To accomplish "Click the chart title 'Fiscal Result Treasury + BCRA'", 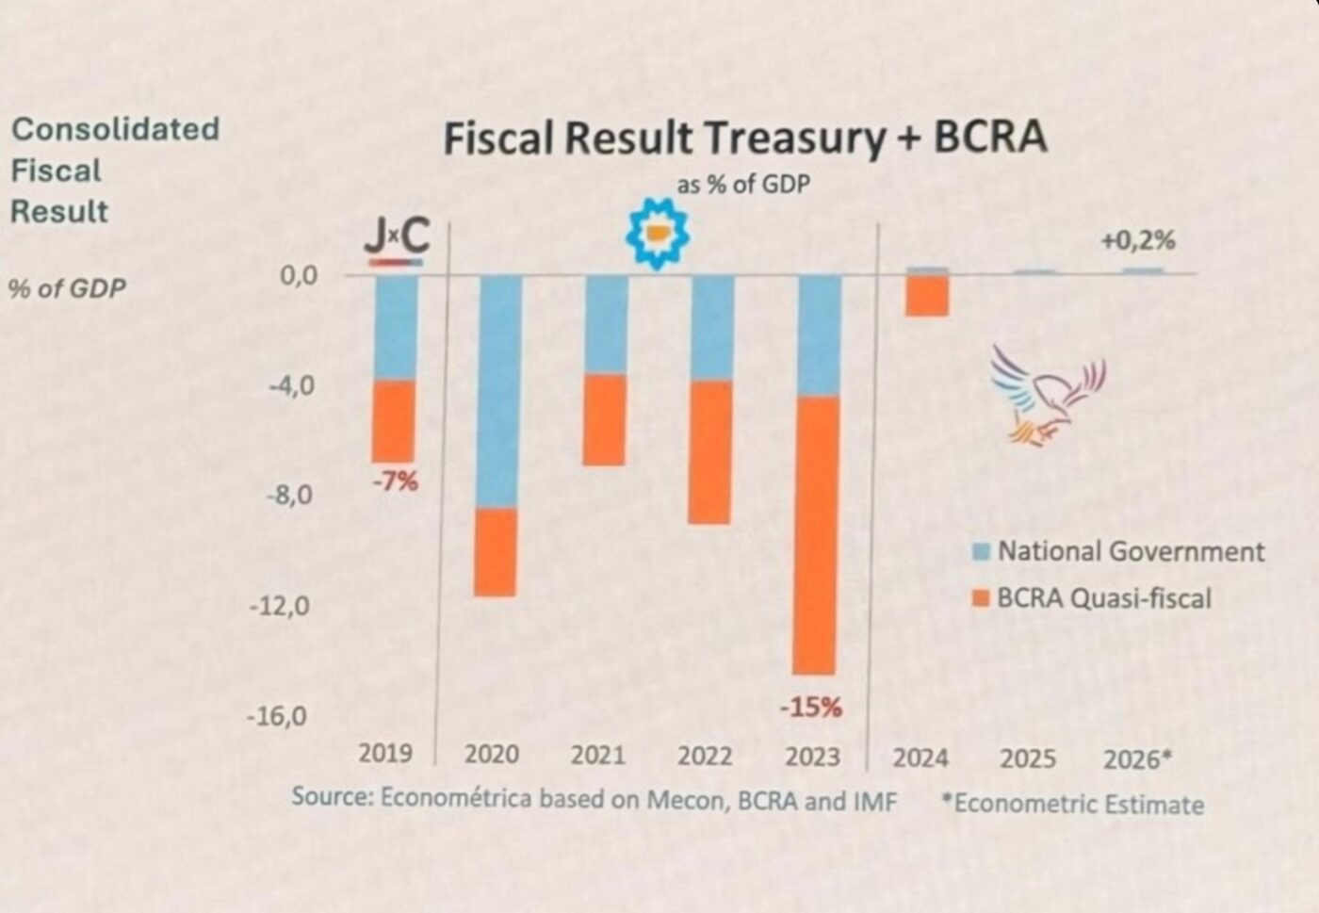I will coord(744,138).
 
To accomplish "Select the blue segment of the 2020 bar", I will coord(499,391).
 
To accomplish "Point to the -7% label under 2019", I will coord(395,482).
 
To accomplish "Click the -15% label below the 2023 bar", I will coord(811,707).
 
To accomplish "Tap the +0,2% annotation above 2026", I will coord(1138,241).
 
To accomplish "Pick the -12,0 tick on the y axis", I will coord(279,606).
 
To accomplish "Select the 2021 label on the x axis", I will coord(598,755).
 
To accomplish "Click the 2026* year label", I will coord(1138,759).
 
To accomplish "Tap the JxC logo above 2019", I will coord(397,239).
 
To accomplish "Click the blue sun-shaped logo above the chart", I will coord(658,233).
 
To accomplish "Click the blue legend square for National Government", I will coord(981,552).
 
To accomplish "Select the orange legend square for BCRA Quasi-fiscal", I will coord(981,598).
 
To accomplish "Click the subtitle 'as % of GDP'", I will coord(742,185).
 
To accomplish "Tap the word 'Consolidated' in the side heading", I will coord(115,129).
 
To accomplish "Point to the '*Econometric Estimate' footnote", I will coord(1073,805).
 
